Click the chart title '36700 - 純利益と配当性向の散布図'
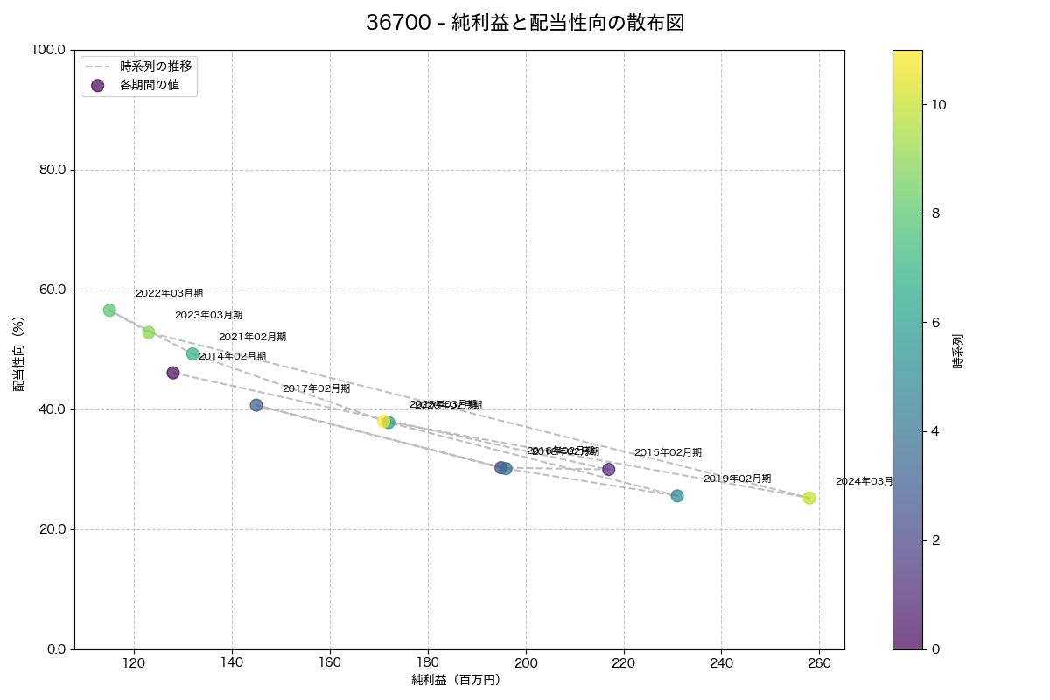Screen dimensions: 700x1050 525,24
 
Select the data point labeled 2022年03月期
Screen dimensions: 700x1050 109,311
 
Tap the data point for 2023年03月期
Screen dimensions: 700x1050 149,332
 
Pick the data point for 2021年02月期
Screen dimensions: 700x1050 192,354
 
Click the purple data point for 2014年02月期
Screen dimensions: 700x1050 173,373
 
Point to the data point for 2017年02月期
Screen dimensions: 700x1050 256,405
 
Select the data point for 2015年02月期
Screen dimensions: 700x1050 609,470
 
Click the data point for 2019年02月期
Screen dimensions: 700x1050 677,496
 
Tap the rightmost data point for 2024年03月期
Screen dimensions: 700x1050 809,498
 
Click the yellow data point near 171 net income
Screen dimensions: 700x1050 383,421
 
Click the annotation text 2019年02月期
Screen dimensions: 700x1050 737,479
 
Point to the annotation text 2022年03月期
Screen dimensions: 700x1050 169,293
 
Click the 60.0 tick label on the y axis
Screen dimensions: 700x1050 50,290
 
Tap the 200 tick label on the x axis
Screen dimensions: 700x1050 526,663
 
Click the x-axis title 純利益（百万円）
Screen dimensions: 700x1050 456,680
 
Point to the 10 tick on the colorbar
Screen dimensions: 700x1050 940,104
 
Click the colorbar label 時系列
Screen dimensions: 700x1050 958,350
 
